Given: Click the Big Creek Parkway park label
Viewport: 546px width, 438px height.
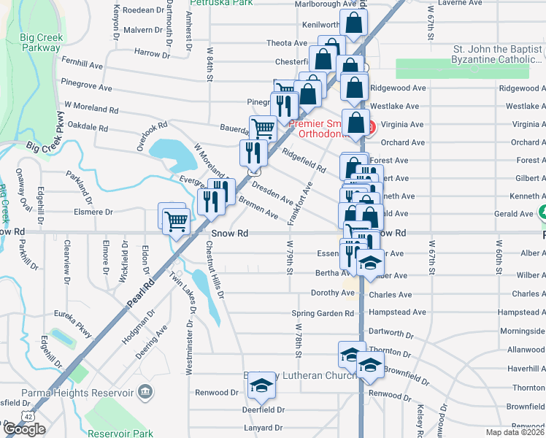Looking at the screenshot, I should (41, 42).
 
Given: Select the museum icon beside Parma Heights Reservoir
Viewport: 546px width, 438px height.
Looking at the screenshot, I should (145, 393).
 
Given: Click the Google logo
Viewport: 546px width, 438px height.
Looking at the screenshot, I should (24, 429).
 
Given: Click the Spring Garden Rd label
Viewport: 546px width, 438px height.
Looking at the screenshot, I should (323, 313).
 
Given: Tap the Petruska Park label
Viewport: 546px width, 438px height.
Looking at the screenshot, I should (220, 3).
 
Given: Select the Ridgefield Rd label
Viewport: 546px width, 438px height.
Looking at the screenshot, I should (304, 158).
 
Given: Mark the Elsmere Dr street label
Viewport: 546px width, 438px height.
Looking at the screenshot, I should (88, 212).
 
